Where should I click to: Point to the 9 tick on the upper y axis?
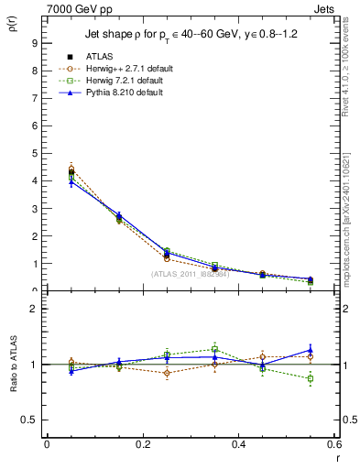click(x=33, y=42)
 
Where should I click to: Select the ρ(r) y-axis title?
click(x=12, y=26)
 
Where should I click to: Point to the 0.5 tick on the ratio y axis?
click(x=29, y=420)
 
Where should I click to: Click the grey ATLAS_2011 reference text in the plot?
click(x=190, y=273)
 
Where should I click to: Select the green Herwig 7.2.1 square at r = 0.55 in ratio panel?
click(x=311, y=378)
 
